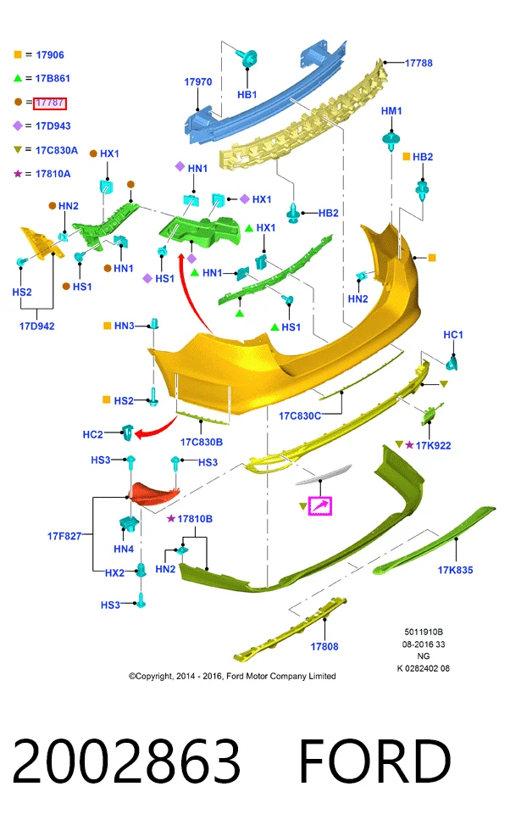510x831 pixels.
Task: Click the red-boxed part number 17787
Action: click(x=50, y=103)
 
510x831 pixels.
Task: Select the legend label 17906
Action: click(x=50, y=54)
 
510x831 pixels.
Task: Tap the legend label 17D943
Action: click(x=53, y=125)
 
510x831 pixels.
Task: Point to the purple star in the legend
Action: click(x=18, y=173)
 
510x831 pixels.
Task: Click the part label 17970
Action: click(x=198, y=81)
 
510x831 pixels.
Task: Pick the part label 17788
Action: click(x=419, y=63)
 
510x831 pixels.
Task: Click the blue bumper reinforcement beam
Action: click(x=265, y=95)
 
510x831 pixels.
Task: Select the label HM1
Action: click(x=391, y=110)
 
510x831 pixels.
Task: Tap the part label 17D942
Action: click(x=37, y=326)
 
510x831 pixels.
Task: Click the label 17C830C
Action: click(x=300, y=415)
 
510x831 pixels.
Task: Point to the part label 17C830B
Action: click(x=202, y=442)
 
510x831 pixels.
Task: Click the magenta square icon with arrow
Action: click(x=320, y=505)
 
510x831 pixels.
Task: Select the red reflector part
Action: click(x=155, y=493)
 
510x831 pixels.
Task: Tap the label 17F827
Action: click(x=64, y=536)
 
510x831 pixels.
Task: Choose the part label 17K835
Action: click(x=455, y=570)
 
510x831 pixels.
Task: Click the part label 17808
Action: click(x=324, y=646)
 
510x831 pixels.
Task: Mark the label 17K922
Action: click(x=433, y=445)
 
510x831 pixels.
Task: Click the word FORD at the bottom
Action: click(x=375, y=761)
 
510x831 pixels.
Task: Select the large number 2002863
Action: click(x=126, y=761)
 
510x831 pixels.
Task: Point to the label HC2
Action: click(x=92, y=434)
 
